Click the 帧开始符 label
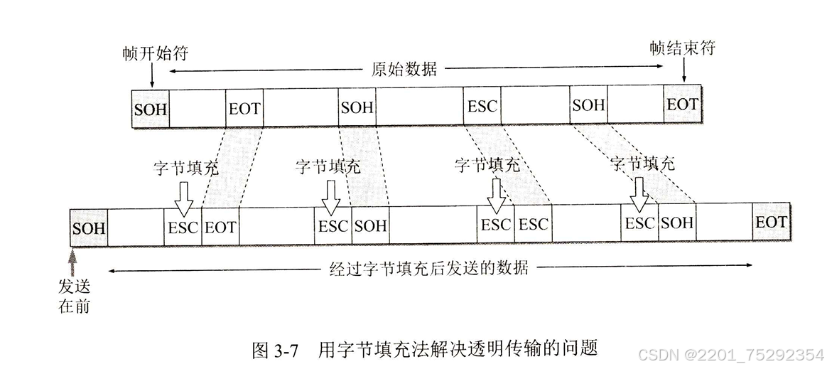[x=154, y=54]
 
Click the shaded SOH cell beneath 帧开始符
[x=151, y=109]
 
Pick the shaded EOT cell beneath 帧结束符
[x=682, y=105]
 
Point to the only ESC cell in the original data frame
[x=482, y=107]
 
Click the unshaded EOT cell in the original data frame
[x=244, y=109]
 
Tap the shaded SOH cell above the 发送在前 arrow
[x=89, y=228]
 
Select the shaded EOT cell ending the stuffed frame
[x=771, y=223]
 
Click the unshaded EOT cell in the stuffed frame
[x=220, y=227]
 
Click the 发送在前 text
[x=74, y=296]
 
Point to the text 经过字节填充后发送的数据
[x=430, y=268]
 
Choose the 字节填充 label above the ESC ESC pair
[x=487, y=166]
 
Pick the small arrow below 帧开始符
[x=151, y=77]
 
